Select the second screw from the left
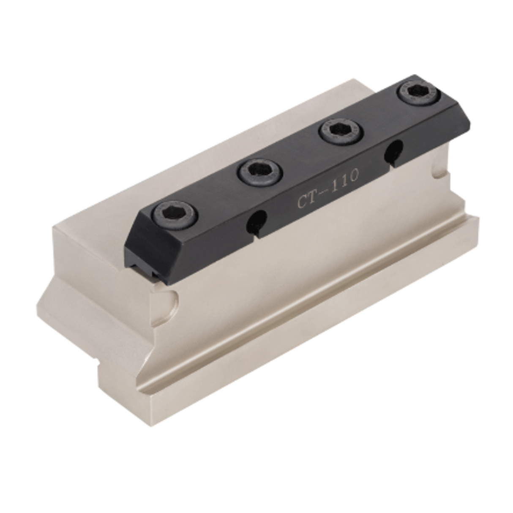coord(261,172)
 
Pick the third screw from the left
coord(341,132)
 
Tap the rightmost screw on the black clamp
coord(417,93)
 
